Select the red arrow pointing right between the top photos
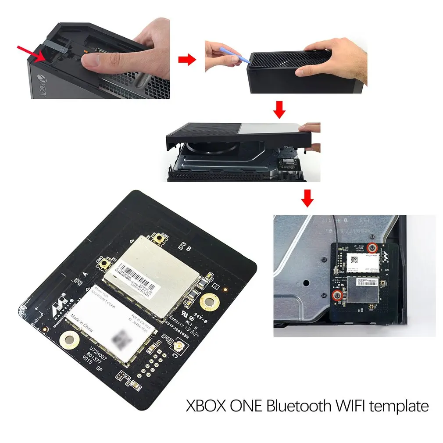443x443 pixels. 188,60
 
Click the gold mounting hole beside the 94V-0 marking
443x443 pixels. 210,302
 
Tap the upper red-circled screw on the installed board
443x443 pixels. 372,248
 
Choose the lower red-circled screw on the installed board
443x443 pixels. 337,296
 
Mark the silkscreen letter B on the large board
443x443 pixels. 188,249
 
